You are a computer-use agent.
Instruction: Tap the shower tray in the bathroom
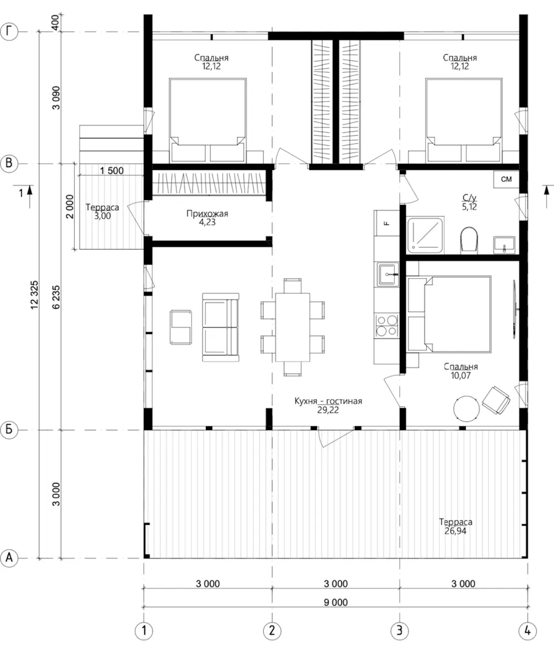[x=426, y=235]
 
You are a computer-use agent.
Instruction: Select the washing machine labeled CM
[x=506, y=179]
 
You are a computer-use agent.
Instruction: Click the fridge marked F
[x=386, y=223]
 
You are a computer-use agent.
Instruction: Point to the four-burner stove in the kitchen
[x=386, y=326]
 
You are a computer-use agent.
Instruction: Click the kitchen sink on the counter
[x=388, y=275]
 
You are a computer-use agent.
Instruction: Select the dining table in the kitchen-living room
[x=292, y=327]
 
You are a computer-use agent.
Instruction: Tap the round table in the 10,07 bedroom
[x=467, y=408]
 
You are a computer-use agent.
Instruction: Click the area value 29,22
[x=327, y=410]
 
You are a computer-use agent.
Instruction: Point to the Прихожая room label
[x=207, y=214]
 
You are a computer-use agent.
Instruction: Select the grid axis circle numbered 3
[x=399, y=630]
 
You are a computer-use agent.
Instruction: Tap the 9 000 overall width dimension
[x=335, y=603]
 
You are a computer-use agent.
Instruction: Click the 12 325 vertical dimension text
[x=34, y=295]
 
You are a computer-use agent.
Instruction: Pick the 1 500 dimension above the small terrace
[x=112, y=171]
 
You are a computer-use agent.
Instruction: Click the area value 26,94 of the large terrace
[x=455, y=531]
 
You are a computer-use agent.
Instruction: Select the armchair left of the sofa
[x=181, y=327]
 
